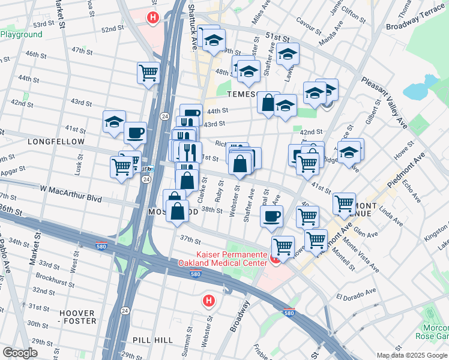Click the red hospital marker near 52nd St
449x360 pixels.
point(153,18)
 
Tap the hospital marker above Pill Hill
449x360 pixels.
point(208,300)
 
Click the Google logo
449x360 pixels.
point(20,353)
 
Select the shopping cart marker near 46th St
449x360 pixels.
point(148,74)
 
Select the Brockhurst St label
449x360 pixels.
point(54,278)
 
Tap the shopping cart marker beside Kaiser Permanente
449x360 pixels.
point(283,245)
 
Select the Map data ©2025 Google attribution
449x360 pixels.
point(411,355)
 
